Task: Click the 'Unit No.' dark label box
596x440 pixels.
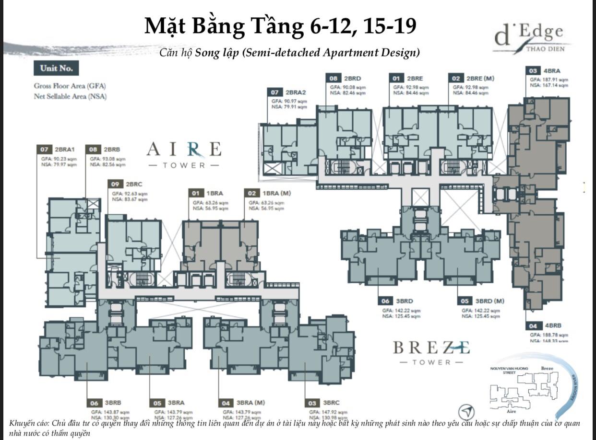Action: [56, 68]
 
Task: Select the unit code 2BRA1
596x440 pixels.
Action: [65, 150]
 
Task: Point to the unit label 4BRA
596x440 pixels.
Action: [552, 71]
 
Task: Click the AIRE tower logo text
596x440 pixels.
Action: [184, 150]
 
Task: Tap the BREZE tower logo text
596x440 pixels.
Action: [431, 347]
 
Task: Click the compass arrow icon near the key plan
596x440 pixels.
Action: [466, 412]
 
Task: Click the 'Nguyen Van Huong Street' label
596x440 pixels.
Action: [502, 370]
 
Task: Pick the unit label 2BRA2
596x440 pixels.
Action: [296, 92]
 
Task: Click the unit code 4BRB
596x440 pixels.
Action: [552, 326]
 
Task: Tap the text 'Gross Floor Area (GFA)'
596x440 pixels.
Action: [70, 86]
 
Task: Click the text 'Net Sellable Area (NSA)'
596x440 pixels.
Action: [70, 96]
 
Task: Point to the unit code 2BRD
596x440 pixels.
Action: [352, 78]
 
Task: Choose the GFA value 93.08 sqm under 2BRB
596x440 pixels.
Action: [107, 159]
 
